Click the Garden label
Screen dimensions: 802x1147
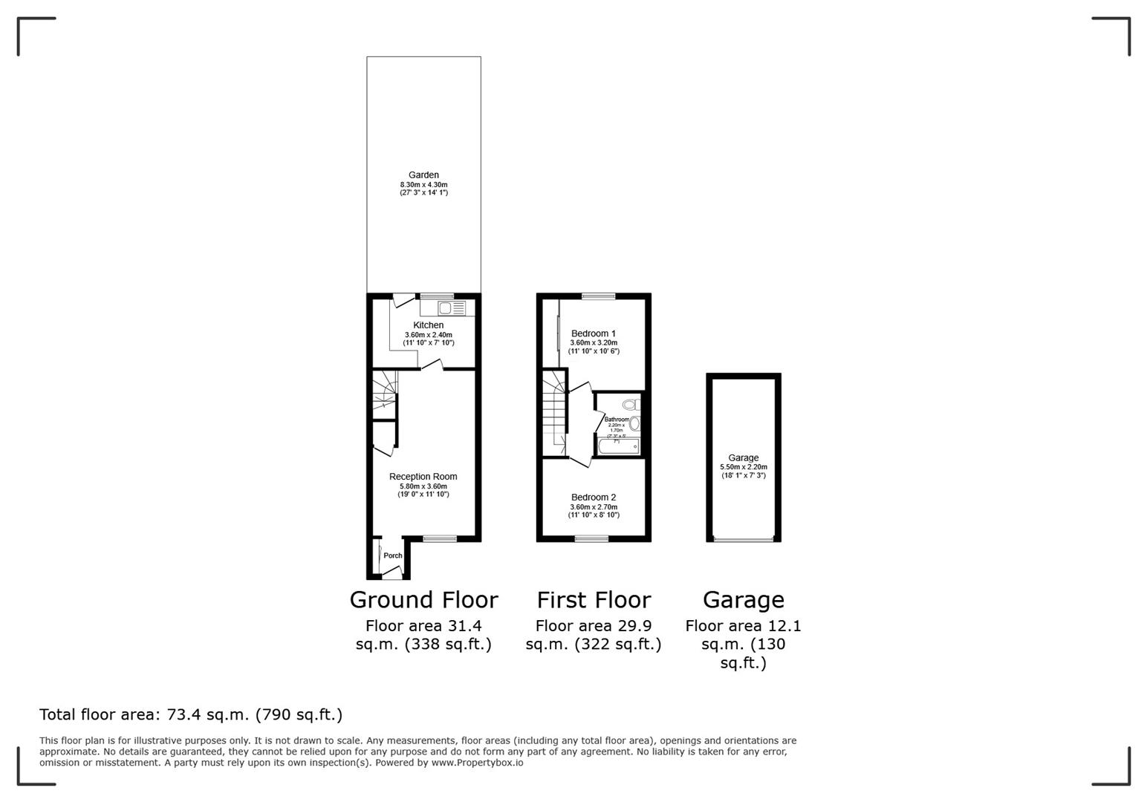pos(423,175)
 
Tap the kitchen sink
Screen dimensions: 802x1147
pos(446,307)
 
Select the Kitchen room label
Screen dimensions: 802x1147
pos(428,325)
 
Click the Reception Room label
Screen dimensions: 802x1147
pos(423,477)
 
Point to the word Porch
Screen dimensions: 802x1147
pos(392,555)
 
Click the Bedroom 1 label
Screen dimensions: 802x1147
pos(593,333)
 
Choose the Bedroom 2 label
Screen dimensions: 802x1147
pos(593,498)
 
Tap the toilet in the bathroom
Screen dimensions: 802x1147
pos(631,405)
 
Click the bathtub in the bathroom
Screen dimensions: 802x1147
pos(619,446)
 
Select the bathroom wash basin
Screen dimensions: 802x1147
pos(634,424)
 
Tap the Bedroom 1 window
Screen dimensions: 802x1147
pos(598,297)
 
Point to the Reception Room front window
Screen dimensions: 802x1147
pos(439,538)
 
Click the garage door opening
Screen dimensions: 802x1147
pos(743,539)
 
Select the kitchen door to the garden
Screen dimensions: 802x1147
pos(403,300)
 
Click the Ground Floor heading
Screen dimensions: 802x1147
pos(423,599)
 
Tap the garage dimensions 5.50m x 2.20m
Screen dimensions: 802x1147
pos(743,467)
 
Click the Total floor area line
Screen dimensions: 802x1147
pos(191,714)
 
